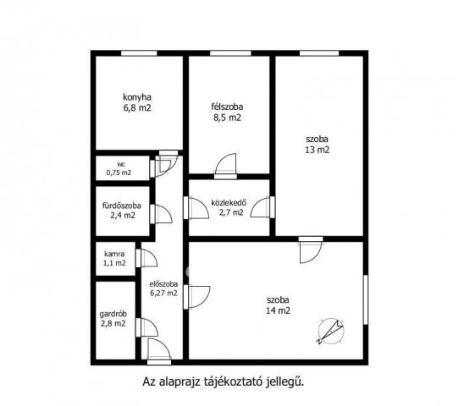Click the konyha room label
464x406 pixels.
coord(137,97)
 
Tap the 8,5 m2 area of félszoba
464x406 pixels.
coord(227,118)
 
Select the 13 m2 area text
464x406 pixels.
coord(318,150)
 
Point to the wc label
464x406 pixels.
coord(121,164)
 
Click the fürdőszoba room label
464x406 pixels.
coord(122,206)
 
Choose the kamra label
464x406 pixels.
coord(114,254)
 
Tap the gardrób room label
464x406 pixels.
coord(113,314)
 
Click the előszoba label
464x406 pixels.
coord(163,284)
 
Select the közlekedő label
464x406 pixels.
coord(229,203)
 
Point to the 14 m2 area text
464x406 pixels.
coord(278,310)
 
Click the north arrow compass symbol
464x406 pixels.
coord(331,332)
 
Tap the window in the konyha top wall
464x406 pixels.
coord(139,53)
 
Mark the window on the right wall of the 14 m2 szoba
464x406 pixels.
coord(366,299)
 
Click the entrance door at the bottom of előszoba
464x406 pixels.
coord(159,351)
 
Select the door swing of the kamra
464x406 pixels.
coord(146,259)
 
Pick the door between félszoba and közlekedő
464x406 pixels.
coord(225,167)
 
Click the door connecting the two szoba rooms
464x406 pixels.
coord(311,250)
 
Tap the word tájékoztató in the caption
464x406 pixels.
coord(233,381)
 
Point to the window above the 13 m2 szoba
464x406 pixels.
coord(319,53)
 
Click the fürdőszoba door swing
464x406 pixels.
coord(161,214)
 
